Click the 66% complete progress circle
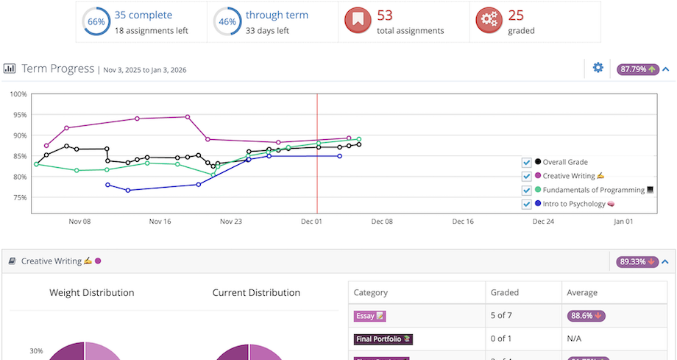[96, 22]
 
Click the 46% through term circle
[227, 22]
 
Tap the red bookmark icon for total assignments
[358, 22]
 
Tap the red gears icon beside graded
[489, 22]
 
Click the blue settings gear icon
[598, 68]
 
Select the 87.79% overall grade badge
[637, 69]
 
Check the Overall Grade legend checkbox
[526, 162]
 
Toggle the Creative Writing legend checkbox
[526, 176]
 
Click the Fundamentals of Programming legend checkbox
[526, 190]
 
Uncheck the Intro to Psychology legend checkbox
[526, 204]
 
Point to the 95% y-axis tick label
[18, 115]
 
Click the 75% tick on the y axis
[18, 198]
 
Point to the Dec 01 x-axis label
[311, 221]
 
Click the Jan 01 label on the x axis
[623, 221]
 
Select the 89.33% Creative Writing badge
[637, 261]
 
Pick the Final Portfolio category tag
[383, 339]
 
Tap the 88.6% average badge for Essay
[586, 316]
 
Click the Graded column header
[505, 292]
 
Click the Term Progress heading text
[58, 68]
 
